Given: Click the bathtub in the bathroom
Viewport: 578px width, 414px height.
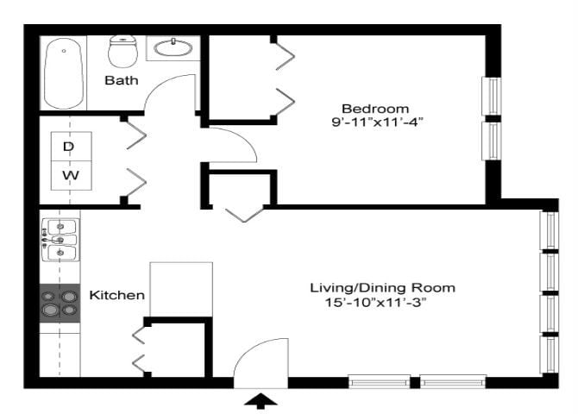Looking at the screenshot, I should click(x=65, y=72).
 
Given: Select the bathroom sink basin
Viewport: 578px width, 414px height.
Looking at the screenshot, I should click(x=175, y=48).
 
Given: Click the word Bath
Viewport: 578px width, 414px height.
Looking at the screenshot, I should click(x=121, y=81).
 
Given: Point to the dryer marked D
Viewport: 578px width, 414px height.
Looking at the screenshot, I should click(x=69, y=147).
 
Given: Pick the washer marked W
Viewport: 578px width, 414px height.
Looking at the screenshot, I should click(x=69, y=177).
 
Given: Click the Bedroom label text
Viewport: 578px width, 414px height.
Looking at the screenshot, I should click(x=374, y=109).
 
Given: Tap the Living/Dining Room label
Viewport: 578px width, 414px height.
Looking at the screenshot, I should click(x=382, y=287).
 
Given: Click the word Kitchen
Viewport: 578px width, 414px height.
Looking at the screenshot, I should click(x=117, y=295).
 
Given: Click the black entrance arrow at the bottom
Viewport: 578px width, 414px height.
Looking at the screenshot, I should click(x=262, y=399).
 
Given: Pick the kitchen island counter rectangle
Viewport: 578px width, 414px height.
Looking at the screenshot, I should click(x=181, y=289).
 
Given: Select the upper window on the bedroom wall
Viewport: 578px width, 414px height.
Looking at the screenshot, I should click(x=491, y=96).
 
